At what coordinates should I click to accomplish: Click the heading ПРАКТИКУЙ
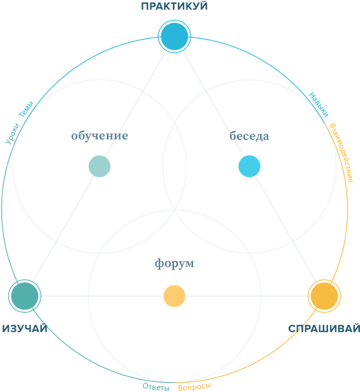click(175, 7)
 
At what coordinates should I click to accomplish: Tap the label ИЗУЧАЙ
click(24, 328)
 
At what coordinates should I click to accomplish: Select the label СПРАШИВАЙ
click(324, 328)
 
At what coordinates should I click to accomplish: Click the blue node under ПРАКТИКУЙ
click(175, 37)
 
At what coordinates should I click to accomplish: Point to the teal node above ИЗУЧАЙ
click(24, 296)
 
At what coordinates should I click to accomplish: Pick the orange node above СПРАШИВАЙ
click(324, 296)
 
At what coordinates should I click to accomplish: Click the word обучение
click(100, 136)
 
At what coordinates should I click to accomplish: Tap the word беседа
click(249, 136)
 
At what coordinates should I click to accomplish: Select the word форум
click(175, 263)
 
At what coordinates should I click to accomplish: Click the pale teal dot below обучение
click(100, 166)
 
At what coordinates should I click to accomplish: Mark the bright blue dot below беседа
click(249, 166)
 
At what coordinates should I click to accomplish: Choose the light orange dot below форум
click(175, 296)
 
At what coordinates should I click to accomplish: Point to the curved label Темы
click(26, 110)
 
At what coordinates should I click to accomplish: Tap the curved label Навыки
click(318, 104)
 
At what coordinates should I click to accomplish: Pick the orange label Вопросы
click(195, 386)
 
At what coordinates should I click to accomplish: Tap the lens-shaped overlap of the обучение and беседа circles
click(175, 163)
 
